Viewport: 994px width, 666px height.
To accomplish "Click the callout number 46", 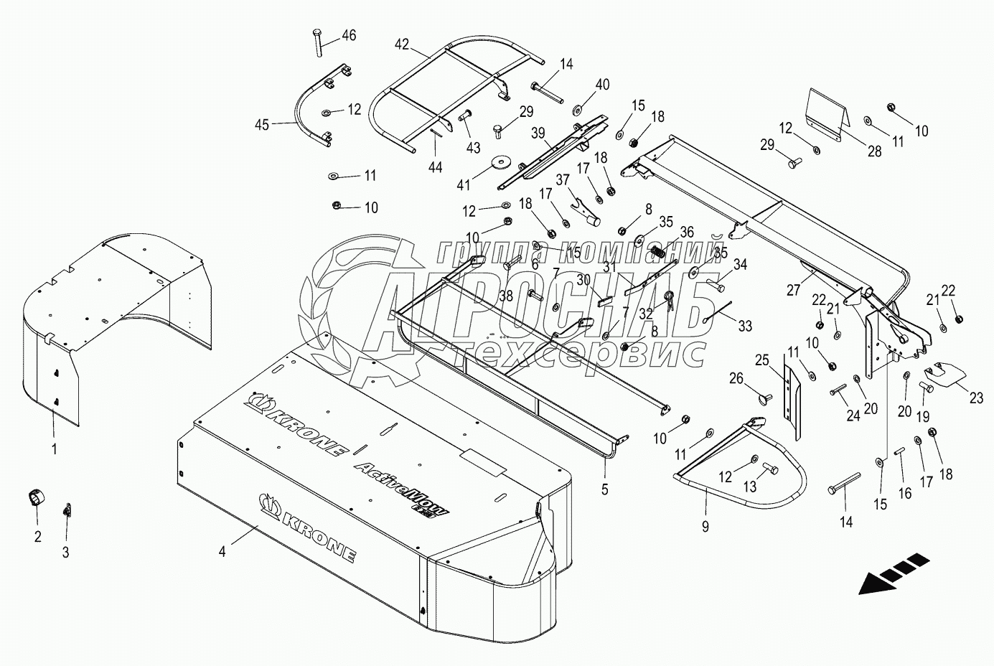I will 348,35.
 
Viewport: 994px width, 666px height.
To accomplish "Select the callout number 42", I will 401,44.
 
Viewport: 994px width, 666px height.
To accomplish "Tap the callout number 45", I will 261,125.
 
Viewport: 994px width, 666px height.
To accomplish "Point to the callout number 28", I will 874,152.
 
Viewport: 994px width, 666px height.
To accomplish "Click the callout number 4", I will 222,551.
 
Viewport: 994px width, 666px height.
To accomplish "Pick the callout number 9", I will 705,527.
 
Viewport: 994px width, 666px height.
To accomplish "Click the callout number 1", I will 55,449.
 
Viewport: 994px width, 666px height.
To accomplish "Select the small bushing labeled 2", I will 34,497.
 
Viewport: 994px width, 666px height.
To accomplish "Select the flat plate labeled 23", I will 946,374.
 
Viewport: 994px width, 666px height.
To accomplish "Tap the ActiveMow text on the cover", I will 402,488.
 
